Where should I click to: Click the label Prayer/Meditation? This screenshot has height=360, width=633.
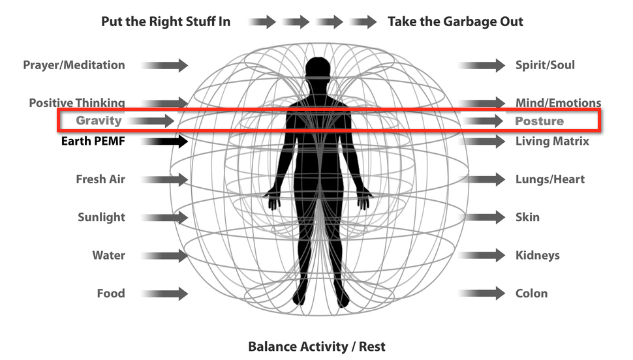click(74, 65)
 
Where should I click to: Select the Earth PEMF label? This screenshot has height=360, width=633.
click(93, 141)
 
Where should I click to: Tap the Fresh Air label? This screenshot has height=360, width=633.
click(100, 179)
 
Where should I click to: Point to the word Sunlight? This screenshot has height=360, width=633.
click(101, 217)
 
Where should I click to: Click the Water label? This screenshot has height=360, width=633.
click(108, 256)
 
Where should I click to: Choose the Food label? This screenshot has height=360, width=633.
click(110, 293)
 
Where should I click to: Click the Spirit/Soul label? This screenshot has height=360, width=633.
click(545, 65)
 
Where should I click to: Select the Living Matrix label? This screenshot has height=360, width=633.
click(552, 141)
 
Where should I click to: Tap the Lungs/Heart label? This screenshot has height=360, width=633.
click(549, 179)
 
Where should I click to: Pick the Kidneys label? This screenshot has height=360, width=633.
click(537, 256)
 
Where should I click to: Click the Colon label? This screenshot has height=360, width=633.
click(531, 293)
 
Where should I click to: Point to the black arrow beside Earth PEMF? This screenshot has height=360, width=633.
click(164, 141)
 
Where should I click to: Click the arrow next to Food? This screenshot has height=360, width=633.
click(164, 293)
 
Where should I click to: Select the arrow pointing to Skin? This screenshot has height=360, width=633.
click(482, 217)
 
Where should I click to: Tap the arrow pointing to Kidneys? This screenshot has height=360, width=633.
click(482, 256)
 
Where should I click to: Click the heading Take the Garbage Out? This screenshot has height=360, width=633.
click(455, 22)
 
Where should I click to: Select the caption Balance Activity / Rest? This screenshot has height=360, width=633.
click(316, 346)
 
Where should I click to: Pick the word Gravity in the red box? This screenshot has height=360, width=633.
click(99, 121)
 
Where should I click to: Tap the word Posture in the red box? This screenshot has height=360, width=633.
click(539, 121)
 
